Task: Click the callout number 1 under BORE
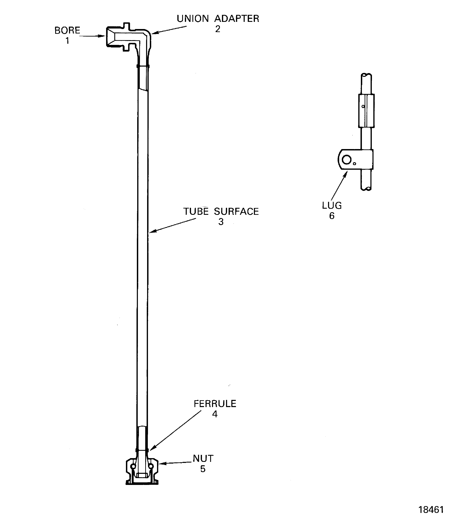tap(67, 41)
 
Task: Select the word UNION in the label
tap(193, 19)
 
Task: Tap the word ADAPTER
tap(237, 19)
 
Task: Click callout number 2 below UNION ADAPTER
tap(218, 29)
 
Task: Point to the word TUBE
tap(196, 211)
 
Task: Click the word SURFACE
tap(236, 211)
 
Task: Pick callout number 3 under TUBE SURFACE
tap(221, 222)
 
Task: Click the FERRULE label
tap(215, 404)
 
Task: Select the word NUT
tap(203, 459)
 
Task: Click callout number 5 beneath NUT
tap(203, 469)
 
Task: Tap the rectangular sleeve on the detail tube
tap(366, 111)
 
